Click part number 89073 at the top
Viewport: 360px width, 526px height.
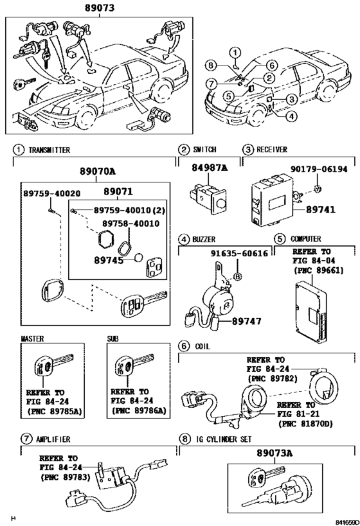pyautogui.click(x=100, y=8)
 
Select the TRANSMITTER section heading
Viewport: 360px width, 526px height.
pyautogui.click(x=50, y=150)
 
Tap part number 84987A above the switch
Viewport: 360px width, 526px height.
pyautogui.click(x=210, y=168)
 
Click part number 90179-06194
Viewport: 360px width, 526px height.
pyautogui.click(x=319, y=169)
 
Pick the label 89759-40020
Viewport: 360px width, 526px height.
pyautogui.click(x=51, y=193)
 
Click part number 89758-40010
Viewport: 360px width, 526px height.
pyautogui.click(x=131, y=224)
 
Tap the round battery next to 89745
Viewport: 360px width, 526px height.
pyautogui.click(x=138, y=258)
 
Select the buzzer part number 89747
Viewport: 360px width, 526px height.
pyautogui.click(x=247, y=321)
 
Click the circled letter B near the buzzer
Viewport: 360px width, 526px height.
pyautogui.click(x=237, y=276)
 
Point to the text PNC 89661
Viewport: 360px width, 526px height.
pyautogui.click(x=319, y=270)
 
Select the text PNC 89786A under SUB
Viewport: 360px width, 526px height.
pyautogui.click(x=139, y=410)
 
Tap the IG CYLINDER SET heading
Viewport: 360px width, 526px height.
pyautogui.click(x=224, y=439)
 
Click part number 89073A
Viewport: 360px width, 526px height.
pyautogui.click(x=274, y=453)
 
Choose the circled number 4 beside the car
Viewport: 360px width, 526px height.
pyautogui.click(x=291, y=116)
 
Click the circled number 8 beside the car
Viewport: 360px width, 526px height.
pyautogui.click(x=211, y=65)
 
